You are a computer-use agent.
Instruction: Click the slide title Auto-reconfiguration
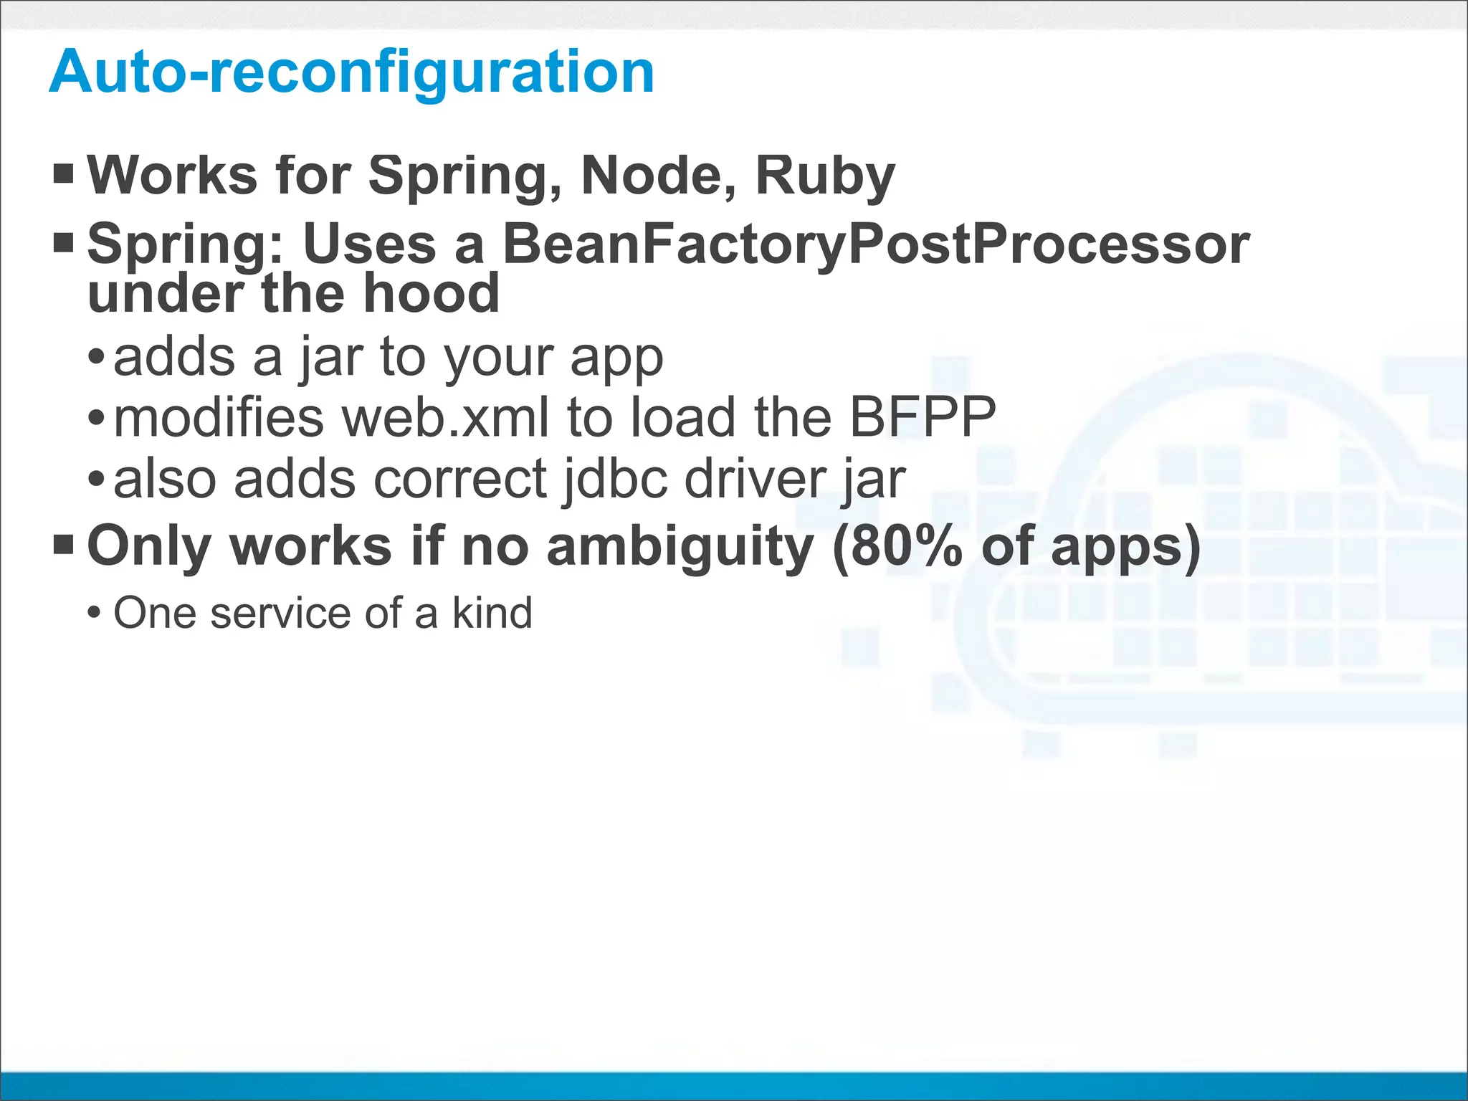point(351,72)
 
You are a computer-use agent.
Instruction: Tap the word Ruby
point(824,176)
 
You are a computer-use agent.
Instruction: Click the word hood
point(431,294)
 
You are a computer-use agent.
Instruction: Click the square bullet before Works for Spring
point(64,173)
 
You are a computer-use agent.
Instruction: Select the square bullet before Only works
point(64,545)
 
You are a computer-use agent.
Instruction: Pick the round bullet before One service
point(94,614)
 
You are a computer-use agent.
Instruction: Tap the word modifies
point(219,418)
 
